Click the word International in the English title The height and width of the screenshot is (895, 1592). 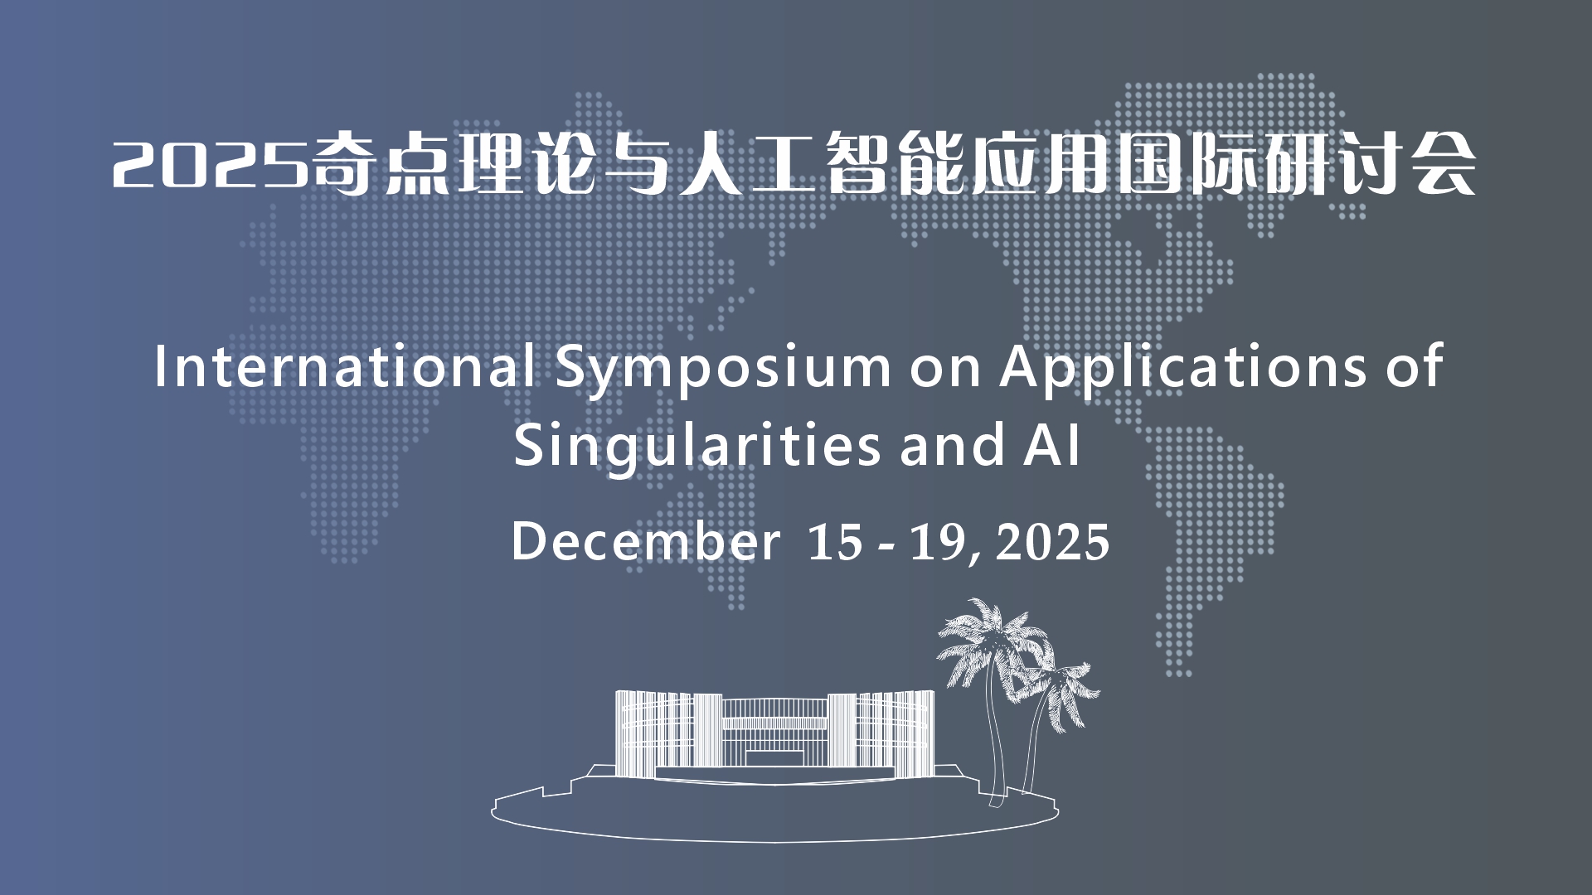click(x=344, y=366)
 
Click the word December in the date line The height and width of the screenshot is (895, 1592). click(x=646, y=542)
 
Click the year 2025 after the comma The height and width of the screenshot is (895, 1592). click(x=1053, y=543)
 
